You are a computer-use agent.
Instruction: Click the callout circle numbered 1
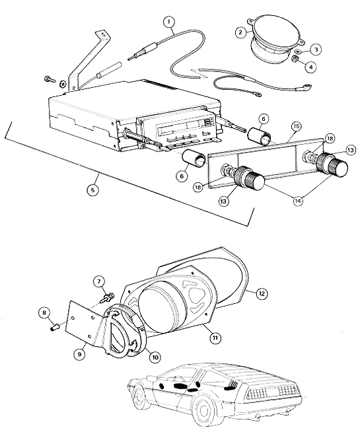[169, 22]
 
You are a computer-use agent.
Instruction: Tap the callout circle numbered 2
[240, 32]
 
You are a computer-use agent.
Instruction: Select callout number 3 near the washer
[316, 50]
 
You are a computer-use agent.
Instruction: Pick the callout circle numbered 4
[311, 67]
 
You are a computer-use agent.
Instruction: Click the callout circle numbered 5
[92, 190]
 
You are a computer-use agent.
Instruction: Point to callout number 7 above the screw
[99, 282]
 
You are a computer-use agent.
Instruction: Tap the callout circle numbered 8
[44, 313]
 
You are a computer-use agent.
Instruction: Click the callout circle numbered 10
[155, 357]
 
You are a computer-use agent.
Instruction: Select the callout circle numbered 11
[215, 338]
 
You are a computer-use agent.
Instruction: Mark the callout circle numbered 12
[262, 293]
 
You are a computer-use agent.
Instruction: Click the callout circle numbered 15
[296, 126]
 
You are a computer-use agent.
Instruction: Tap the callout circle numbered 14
[298, 201]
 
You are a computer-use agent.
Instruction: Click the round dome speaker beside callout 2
[274, 39]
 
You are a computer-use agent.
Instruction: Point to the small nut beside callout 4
[295, 58]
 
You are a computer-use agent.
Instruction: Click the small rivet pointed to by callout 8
[55, 328]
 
